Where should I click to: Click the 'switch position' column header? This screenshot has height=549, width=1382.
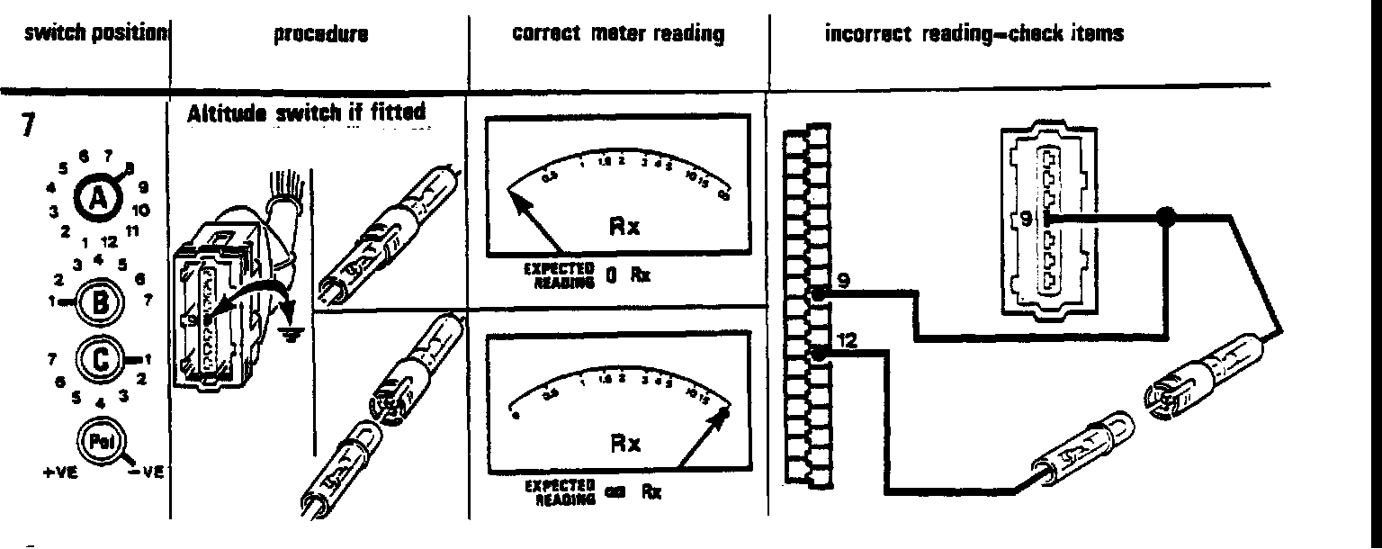click(85, 35)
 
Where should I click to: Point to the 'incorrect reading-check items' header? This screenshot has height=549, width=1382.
click(974, 35)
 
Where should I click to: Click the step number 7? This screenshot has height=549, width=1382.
click(30, 127)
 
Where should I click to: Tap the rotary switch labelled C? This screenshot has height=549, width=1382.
click(98, 362)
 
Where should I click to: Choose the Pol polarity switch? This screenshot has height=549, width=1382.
click(98, 440)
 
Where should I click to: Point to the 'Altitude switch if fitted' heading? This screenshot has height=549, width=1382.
click(305, 116)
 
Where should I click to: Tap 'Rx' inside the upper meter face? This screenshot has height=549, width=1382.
click(624, 226)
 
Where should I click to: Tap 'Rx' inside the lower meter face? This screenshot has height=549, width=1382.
click(625, 445)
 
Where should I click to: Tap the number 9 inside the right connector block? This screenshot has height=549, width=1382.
click(1026, 218)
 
